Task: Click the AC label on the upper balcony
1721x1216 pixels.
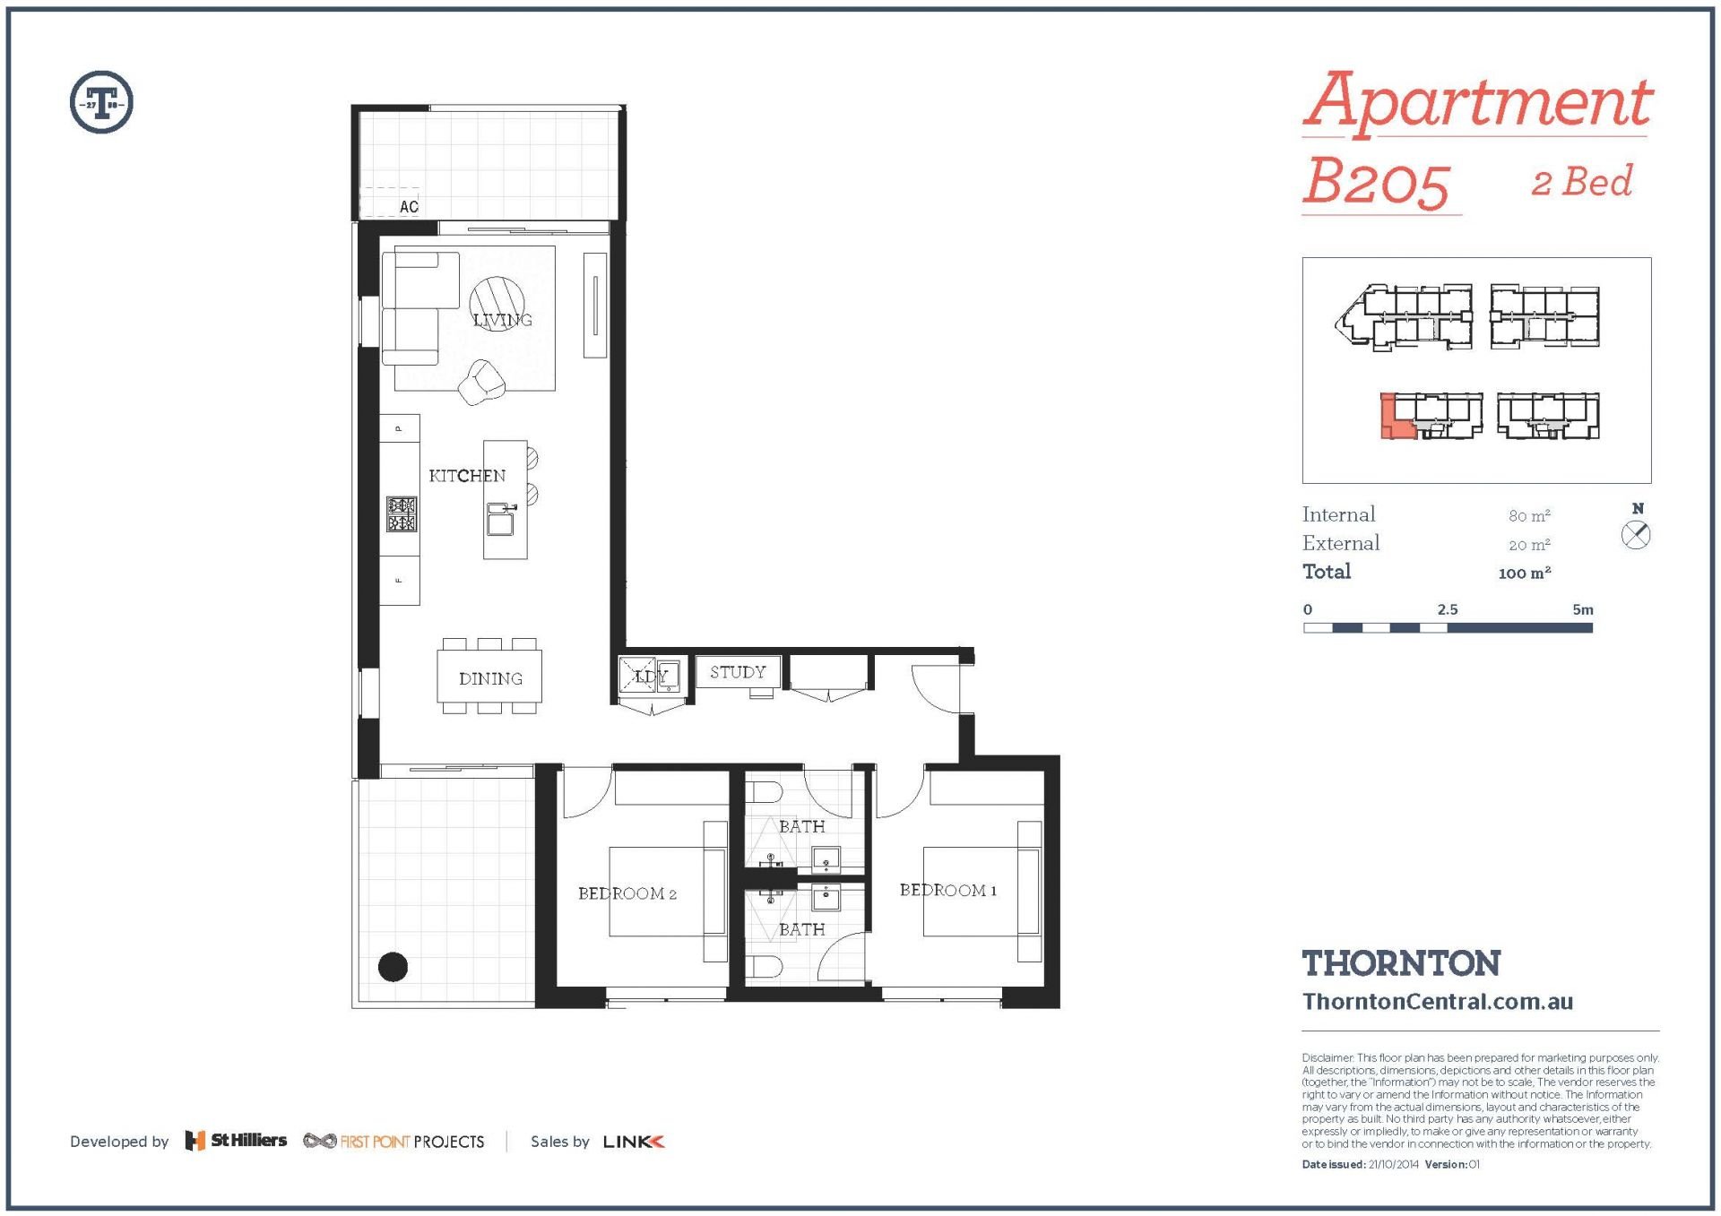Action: pos(409,207)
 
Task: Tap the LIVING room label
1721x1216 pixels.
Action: pos(503,320)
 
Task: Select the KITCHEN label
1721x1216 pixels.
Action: pos(467,476)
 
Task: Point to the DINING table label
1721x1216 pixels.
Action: pos(490,678)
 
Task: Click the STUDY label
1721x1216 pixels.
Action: pos(738,672)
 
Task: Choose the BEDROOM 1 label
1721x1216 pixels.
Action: pos(948,890)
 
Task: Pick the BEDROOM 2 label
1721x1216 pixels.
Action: pos(627,893)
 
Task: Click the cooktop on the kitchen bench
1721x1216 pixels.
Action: pos(402,514)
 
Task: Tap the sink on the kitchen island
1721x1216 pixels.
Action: pos(500,519)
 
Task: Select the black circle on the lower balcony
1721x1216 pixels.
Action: pos(393,966)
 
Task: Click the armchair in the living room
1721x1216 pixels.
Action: pos(481,382)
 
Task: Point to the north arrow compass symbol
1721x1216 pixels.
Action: pos(1636,536)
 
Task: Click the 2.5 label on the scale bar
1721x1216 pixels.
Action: pos(1448,609)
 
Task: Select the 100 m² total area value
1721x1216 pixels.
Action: pos(1525,573)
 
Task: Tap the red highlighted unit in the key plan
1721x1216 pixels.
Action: pos(1397,417)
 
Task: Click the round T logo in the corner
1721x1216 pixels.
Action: pos(101,102)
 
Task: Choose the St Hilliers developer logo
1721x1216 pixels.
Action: pos(236,1141)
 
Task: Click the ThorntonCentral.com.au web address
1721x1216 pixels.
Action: pos(1438,1002)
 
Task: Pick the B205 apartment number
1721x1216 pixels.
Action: pos(1376,183)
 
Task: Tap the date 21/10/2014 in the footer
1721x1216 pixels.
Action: pos(1394,1164)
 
